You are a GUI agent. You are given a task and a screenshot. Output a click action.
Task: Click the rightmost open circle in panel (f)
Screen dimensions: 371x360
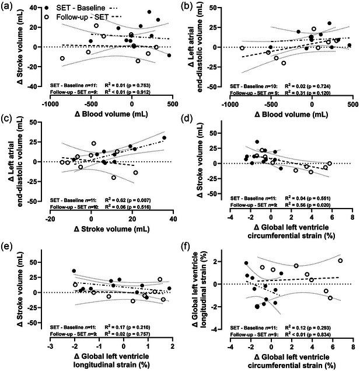[x=340, y=261]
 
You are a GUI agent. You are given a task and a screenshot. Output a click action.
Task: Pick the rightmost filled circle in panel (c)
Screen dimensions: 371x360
[x=164, y=138]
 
